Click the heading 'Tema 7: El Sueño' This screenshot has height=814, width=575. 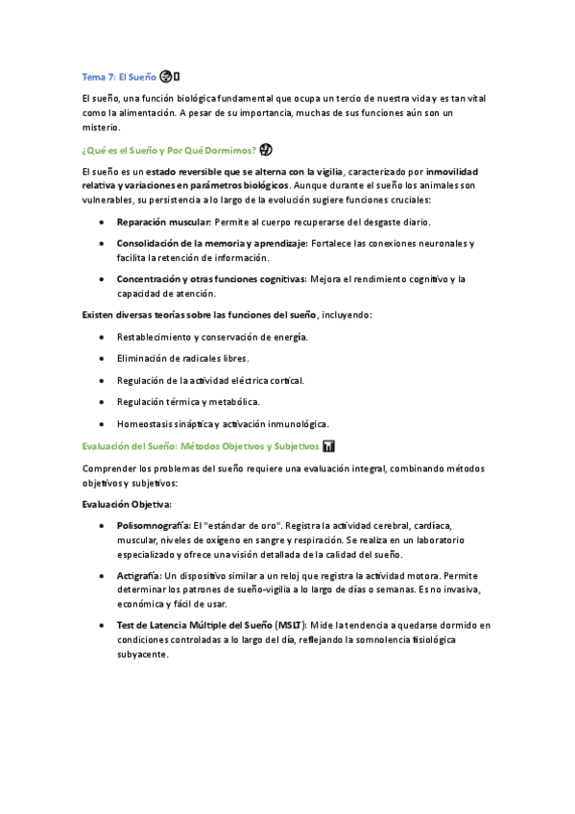click(x=119, y=77)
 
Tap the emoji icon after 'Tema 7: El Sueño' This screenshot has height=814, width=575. click(x=169, y=77)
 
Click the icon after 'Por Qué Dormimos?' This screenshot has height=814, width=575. click(x=266, y=149)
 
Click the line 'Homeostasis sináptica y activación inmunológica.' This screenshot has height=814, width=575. click(x=223, y=423)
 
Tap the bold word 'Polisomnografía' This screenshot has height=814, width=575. click(x=153, y=526)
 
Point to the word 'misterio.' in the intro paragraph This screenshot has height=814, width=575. click(x=101, y=127)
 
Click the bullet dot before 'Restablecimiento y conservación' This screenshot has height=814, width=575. click(x=102, y=337)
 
